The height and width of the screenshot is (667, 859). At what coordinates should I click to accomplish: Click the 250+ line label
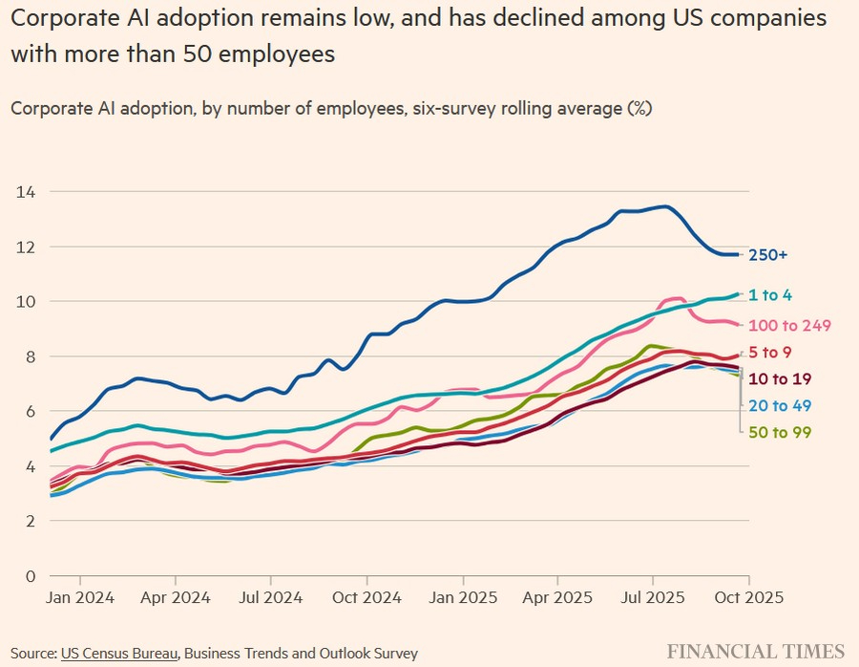769,255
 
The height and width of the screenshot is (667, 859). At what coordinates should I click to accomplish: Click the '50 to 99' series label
780,433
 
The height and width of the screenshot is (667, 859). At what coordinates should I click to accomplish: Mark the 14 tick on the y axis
26,192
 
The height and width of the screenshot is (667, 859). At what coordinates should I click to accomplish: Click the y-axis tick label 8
31,356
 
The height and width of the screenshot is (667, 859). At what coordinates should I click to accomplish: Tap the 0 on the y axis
31,576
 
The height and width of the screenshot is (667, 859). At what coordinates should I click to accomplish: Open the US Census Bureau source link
119,654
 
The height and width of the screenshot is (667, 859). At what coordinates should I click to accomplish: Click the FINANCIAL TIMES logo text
755,652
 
